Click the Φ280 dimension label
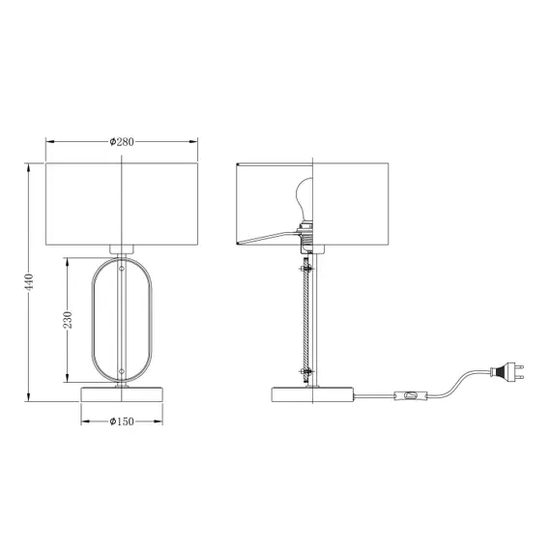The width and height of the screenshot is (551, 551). pos(122,141)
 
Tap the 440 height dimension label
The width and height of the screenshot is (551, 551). pos(28,282)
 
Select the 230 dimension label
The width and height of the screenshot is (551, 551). pos(67,320)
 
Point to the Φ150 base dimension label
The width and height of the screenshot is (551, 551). pos(122,420)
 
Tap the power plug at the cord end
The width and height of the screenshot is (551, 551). pos(507,372)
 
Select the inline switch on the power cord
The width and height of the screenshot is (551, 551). pos(411,395)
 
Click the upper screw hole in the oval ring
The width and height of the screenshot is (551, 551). pos(122,269)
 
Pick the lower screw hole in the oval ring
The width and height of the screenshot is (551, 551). pos(122,371)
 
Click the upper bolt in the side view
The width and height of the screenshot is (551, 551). pos(306,269)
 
